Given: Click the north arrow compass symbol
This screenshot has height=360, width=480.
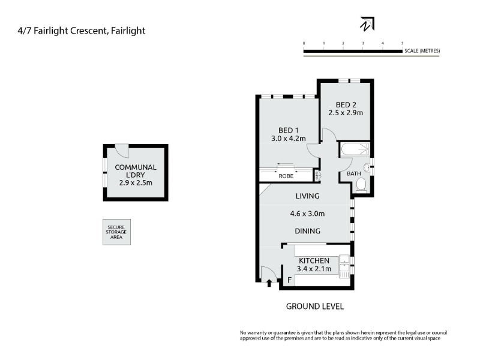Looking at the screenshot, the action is [367, 24].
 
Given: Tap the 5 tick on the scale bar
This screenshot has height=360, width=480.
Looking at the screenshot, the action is [402, 43].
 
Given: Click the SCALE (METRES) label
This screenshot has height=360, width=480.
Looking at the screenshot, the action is [422, 51].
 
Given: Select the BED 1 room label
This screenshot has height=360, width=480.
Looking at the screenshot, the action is [289, 130].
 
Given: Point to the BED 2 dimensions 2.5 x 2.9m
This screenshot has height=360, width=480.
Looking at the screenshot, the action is [346, 113].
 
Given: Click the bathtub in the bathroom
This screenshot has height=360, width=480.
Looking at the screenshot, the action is [355, 149].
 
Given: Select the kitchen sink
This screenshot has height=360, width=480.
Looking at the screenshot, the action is [344, 266].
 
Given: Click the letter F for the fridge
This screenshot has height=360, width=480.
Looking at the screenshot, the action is [289, 280].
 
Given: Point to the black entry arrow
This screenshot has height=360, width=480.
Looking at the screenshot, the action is [269, 283].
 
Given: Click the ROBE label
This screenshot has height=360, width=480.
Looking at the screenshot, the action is [286, 176].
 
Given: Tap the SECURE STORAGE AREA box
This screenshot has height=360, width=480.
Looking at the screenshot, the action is [116, 232].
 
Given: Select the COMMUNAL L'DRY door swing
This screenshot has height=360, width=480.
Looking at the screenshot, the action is [122, 151].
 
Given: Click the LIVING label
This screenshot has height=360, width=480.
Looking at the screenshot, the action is [307, 196].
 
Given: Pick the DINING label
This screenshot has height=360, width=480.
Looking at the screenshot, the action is [307, 231].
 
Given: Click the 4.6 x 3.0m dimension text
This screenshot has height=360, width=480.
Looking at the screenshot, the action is [307, 214].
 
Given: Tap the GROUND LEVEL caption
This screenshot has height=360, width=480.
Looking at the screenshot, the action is [314, 307].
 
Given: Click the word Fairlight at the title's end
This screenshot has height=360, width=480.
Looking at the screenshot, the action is [128, 31].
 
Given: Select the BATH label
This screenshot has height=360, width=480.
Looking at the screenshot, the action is [354, 173].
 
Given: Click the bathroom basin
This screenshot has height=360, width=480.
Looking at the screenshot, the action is [367, 167].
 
